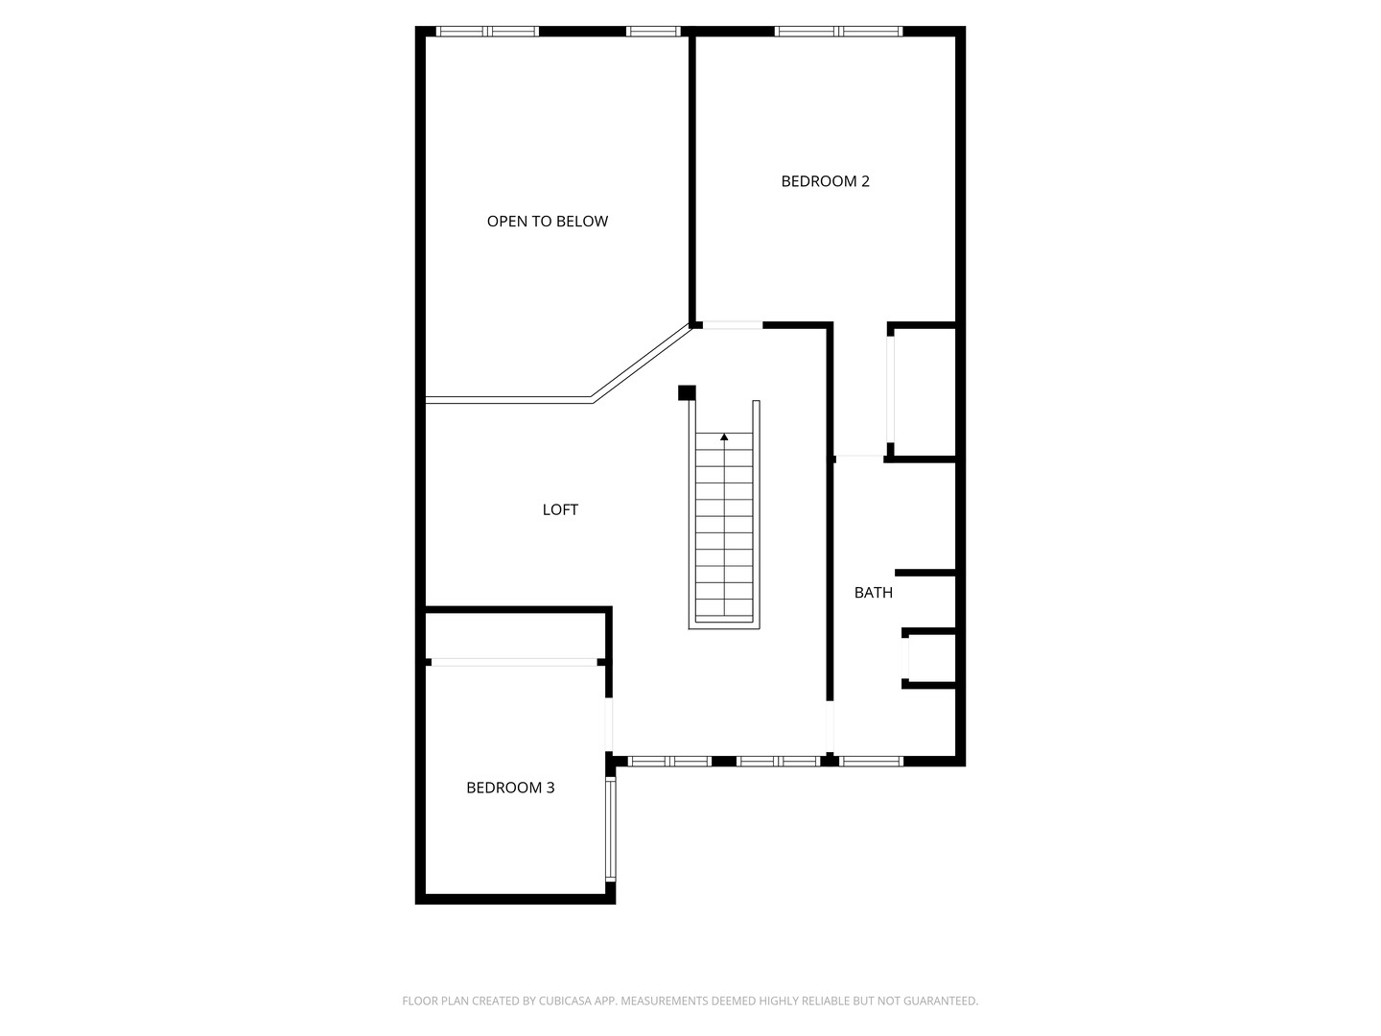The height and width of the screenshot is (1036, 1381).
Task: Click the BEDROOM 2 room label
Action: (x=825, y=181)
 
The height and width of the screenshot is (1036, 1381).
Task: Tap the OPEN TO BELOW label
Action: (x=548, y=222)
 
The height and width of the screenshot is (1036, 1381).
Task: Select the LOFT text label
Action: (x=560, y=509)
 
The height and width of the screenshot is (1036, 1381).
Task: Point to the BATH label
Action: (x=874, y=593)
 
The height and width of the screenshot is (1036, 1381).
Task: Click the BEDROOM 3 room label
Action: (x=510, y=788)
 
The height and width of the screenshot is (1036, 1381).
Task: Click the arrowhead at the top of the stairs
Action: (x=724, y=436)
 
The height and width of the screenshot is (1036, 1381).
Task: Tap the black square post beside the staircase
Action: (x=687, y=392)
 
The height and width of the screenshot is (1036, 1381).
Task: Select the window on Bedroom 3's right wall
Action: (x=610, y=830)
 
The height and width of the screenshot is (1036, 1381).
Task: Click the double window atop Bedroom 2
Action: (x=838, y=32)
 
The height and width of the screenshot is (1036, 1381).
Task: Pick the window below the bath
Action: (x=872, y=761)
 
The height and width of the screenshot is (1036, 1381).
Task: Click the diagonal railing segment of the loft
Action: (x=642, y=362)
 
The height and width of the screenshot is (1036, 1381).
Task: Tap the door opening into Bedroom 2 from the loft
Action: (x=733, y=325)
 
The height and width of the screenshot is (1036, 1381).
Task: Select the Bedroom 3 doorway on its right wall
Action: (x=608, y=724)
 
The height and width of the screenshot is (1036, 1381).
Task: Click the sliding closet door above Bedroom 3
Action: (x=514, y=662)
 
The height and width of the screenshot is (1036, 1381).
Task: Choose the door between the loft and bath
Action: (x=830, y=726)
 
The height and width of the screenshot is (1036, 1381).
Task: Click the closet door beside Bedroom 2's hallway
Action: (x=890, y=389)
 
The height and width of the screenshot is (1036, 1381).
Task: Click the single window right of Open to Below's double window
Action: (x=653, y=32)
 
